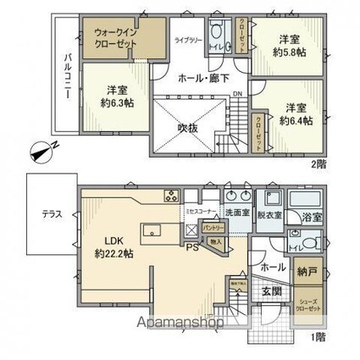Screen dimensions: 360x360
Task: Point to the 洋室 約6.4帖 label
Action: [x=296, y=114]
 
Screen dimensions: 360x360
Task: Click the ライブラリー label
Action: [x=188, y=40]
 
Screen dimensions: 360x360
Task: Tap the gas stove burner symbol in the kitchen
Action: [x=170, y=198]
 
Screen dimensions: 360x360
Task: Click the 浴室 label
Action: [x=312, y=217]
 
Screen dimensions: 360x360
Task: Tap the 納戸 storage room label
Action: [x=307, y=272]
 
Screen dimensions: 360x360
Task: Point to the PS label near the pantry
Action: [x=191, y=248]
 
